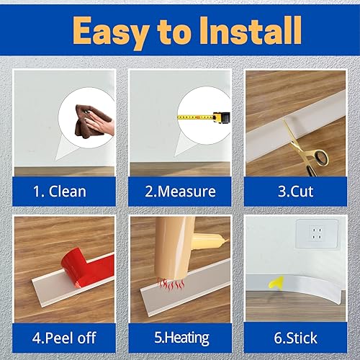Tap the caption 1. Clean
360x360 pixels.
pyautogui.click(x=60, y=192)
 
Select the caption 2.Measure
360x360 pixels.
pyautogui.click(x=179, y=192)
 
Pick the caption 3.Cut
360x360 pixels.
pyautogui.click(x=298, y=192)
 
